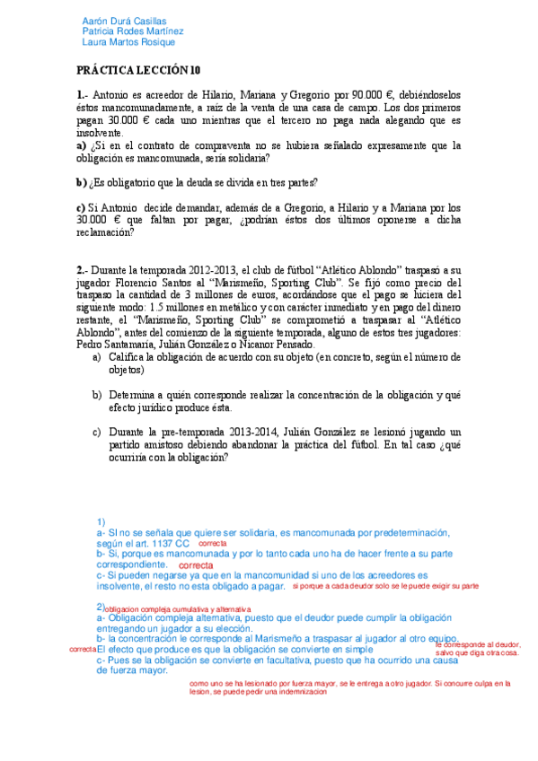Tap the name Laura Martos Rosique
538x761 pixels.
pos(128,41)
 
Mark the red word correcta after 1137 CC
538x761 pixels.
pos(212,544)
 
